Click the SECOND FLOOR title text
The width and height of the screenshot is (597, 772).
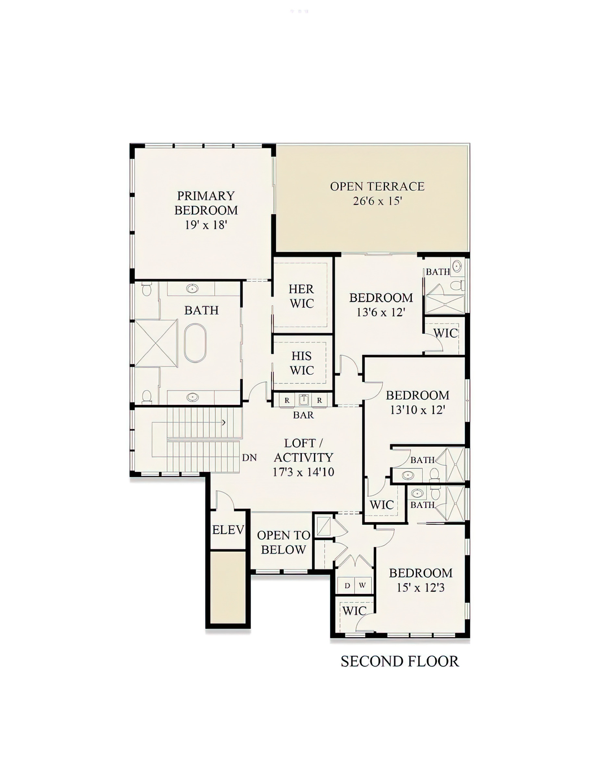click(400, 661)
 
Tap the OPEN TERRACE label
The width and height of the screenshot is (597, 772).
click(377, 186)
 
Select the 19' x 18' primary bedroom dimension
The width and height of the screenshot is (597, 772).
click(206, 225)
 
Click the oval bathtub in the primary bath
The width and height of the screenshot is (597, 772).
click(195, 343)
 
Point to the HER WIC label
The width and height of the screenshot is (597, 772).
click(302, 296)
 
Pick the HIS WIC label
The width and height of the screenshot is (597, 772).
click(302, 363)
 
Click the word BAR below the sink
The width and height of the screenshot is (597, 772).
click(303, 415)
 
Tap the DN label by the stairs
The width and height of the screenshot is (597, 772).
click(249, 458)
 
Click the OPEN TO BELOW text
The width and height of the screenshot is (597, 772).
click(284, 543)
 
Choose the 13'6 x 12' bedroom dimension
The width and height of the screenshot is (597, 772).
click(380, 312)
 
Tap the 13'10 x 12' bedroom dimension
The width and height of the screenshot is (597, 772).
click(417, 410)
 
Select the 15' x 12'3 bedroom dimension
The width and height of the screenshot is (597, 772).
click(420, 588)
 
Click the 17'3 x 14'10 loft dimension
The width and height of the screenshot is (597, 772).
click(303, 472)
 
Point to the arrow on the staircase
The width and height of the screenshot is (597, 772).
click(224, 422)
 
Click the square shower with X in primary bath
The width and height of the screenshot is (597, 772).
click(156, 343)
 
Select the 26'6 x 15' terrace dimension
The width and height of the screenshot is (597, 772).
click(377, 201)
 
